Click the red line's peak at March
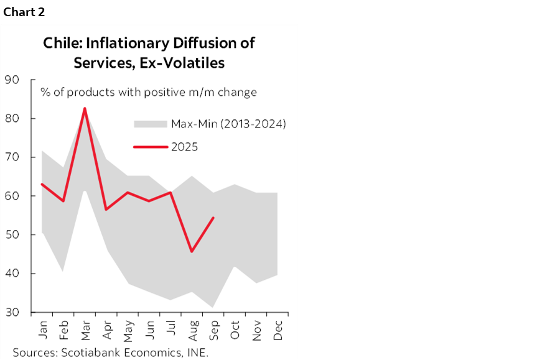coord(85,109)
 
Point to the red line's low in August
coord(192,251)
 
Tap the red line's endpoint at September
coord(213,218)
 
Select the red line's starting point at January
coord(42,184)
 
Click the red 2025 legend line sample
coord(151,147)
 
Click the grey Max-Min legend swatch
coord(151,124)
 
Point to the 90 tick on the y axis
coord(12,80)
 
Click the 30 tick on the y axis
coord(12,312)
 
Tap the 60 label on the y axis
coord(12,196)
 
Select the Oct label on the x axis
coord(235,330)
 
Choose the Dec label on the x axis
coord(278,330)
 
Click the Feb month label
coord(63,330)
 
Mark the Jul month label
coord(170,330)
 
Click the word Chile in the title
coord(61,44)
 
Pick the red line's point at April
coord(106,209)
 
